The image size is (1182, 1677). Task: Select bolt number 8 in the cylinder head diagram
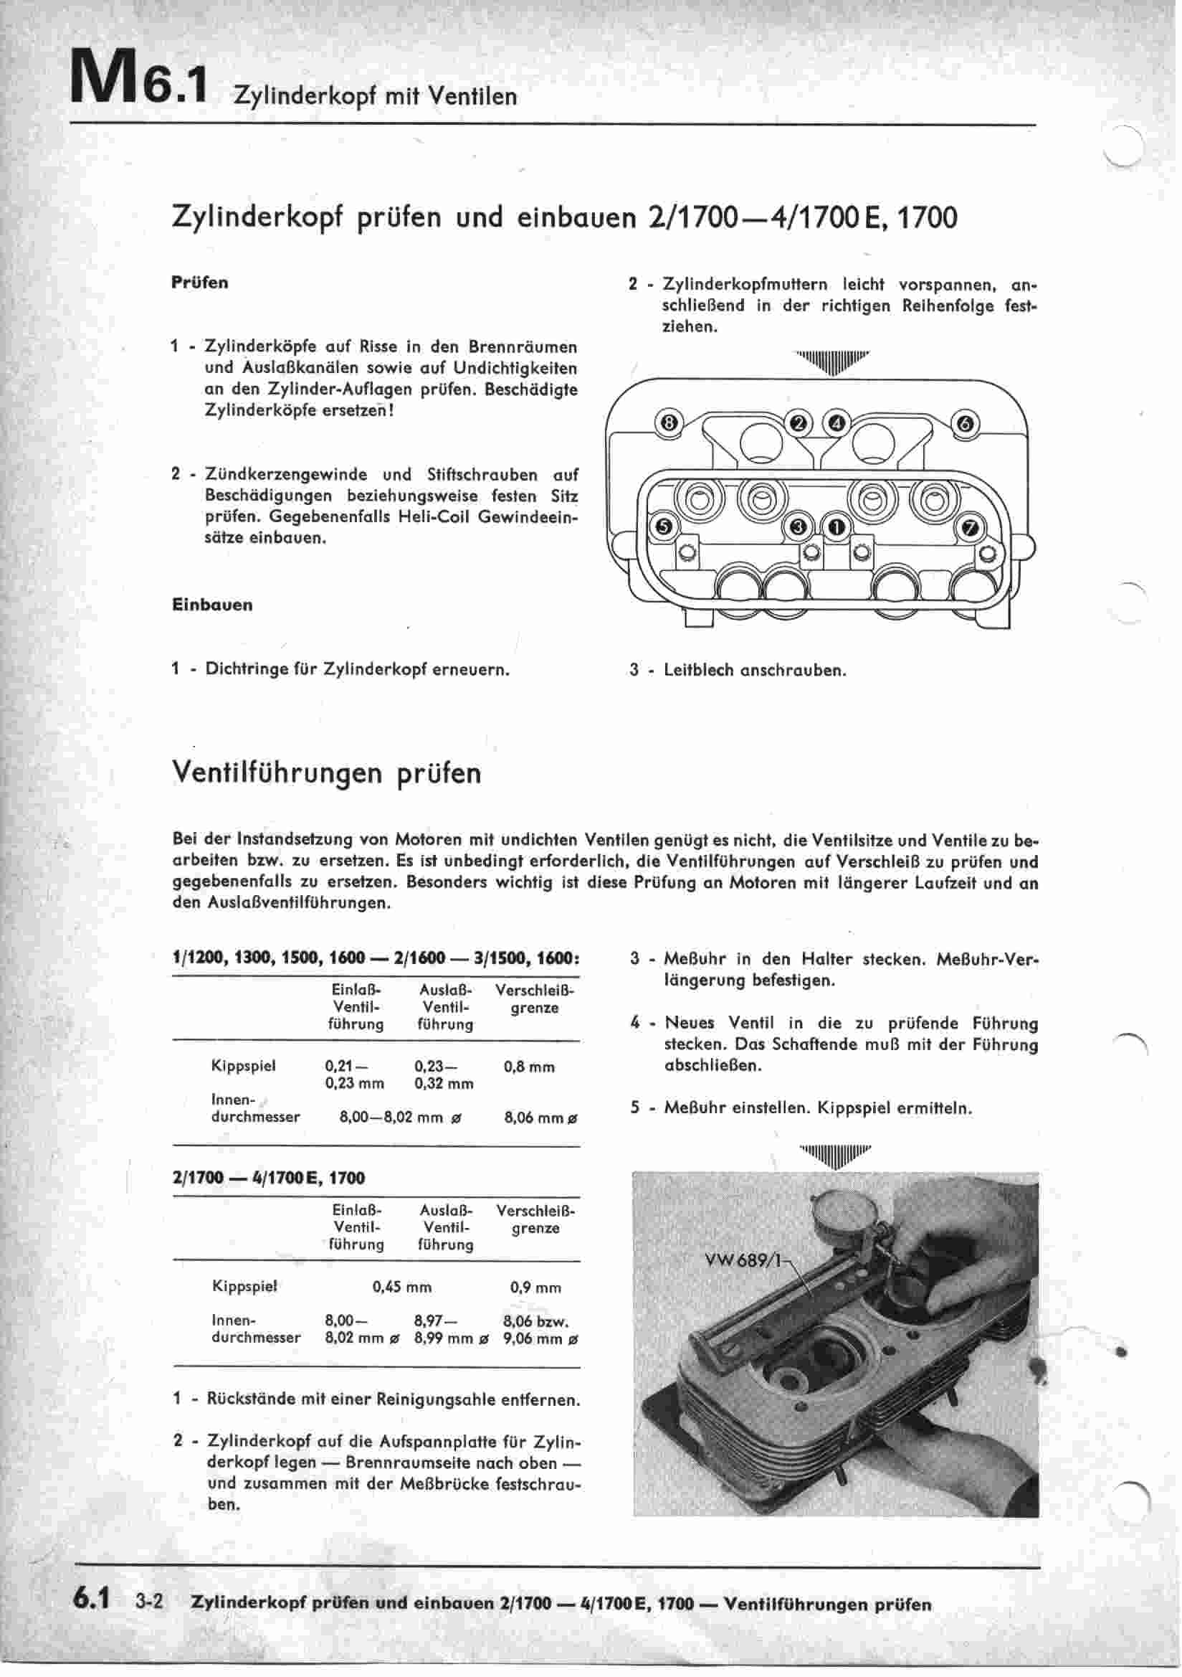(668, 423)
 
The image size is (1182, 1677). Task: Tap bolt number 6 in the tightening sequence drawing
(966, 424)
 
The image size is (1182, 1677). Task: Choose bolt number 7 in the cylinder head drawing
(971, 527)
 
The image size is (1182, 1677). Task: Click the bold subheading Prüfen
(199, 283)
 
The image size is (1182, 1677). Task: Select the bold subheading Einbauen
(211, 605)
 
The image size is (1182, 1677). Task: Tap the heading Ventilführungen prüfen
(326, 773)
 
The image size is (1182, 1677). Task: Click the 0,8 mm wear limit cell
(529, 1067)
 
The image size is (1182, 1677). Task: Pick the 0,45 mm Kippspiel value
(401, 1288)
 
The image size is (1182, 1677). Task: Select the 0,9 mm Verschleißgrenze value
(535, 1288)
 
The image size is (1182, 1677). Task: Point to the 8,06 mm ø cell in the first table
(541, 1118)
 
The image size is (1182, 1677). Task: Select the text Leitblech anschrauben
(755, 670)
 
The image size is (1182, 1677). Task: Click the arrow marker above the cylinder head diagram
(833, 361)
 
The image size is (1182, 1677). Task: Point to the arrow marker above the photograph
(834, 1156)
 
